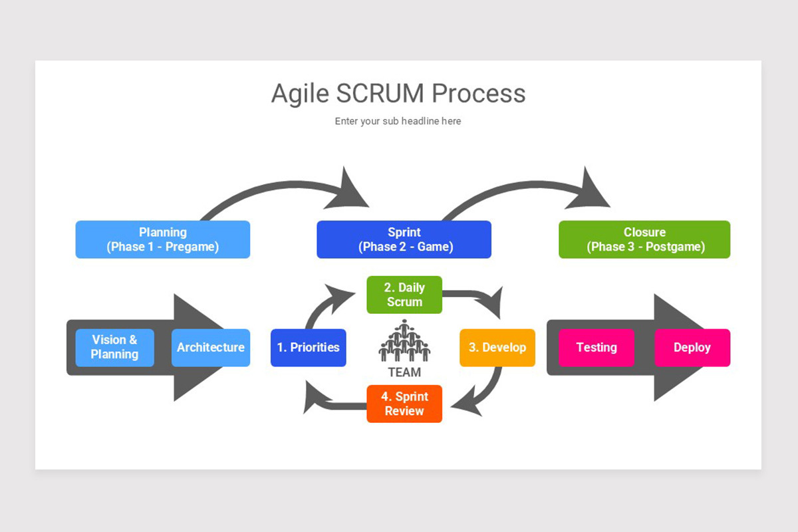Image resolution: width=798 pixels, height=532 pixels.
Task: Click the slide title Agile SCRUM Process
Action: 398,94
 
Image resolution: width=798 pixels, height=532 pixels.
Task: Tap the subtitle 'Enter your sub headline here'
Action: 398,121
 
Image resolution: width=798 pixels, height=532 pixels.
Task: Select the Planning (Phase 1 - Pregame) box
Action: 163,239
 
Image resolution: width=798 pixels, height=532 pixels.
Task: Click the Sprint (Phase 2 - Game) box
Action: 404,239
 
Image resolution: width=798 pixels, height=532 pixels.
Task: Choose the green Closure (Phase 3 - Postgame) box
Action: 644,239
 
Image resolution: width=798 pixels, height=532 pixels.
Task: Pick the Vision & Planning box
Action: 114,347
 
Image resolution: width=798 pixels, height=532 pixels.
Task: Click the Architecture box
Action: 210,347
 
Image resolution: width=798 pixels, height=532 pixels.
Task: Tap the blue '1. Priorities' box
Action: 308,347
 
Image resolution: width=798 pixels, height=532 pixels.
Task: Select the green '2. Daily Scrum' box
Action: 404,295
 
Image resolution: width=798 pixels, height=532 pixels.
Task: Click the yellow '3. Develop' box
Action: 497,347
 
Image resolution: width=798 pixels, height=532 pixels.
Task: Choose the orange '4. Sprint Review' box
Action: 404,404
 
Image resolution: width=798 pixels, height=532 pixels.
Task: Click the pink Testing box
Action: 596,347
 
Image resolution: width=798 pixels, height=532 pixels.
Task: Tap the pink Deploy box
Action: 692,347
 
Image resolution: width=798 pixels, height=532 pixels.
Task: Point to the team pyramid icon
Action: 404,340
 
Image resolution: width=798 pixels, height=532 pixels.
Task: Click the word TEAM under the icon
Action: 404,372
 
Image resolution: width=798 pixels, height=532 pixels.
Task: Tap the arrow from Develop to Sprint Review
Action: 489,392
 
